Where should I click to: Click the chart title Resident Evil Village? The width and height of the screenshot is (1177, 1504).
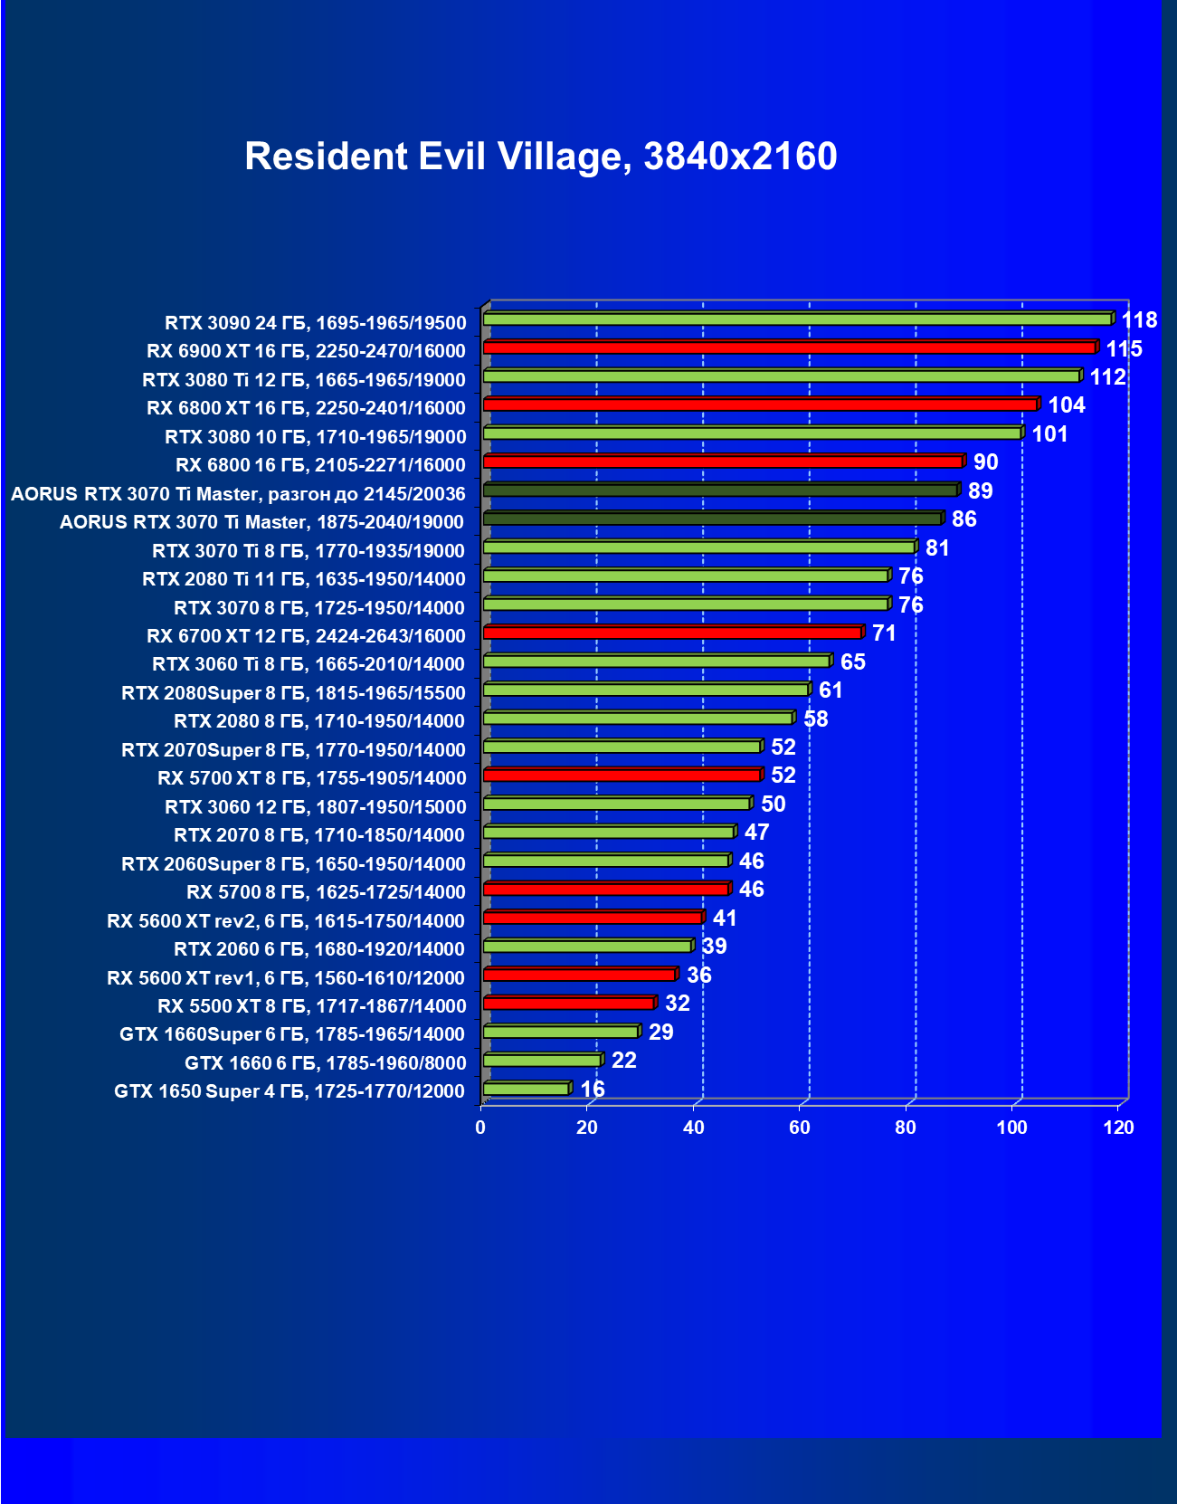(540, 157)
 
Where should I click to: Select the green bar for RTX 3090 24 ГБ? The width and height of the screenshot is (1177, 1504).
(797, 319)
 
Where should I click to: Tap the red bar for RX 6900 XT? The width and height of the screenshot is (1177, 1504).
(789, 347)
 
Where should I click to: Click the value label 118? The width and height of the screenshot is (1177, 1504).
(1139, 320)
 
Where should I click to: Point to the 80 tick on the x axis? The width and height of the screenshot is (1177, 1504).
(906, 1128)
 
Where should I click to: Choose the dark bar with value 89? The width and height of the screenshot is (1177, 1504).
(720, 490)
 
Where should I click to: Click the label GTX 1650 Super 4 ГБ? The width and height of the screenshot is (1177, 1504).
(290, 1091)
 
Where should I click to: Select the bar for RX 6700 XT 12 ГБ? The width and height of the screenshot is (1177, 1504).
(672, 633)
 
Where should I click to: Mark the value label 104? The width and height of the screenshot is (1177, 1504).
(1067, 405)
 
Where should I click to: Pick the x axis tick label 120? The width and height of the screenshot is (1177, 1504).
(1119, 1128)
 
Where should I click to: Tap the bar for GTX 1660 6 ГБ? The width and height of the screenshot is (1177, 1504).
(542, 1060)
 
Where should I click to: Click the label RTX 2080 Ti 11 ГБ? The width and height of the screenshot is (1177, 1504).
(304, 579)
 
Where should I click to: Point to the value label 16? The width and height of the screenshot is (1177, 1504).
(593, 1089)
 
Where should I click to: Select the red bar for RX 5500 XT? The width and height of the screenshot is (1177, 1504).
(568, 1004)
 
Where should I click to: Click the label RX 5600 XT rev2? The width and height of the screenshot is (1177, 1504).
(286, 921)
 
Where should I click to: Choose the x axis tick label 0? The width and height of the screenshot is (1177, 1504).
(480, 1128)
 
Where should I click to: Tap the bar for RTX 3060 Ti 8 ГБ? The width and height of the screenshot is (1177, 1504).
(656, 662)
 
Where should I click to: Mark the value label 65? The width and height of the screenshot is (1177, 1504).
(852, 662)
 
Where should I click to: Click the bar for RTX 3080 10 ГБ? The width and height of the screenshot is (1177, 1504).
(752, 433)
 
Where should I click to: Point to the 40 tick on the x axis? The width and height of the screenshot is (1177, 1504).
(693, 1128)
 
